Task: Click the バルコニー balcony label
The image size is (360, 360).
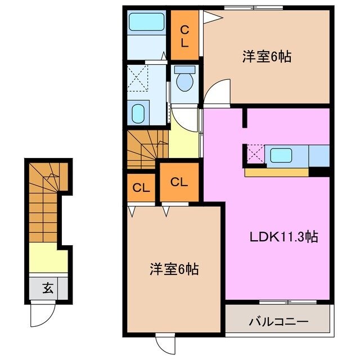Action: [278, 322]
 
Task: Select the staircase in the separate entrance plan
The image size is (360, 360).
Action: [46, 200]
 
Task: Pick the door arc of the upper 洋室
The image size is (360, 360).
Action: [218, 91]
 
